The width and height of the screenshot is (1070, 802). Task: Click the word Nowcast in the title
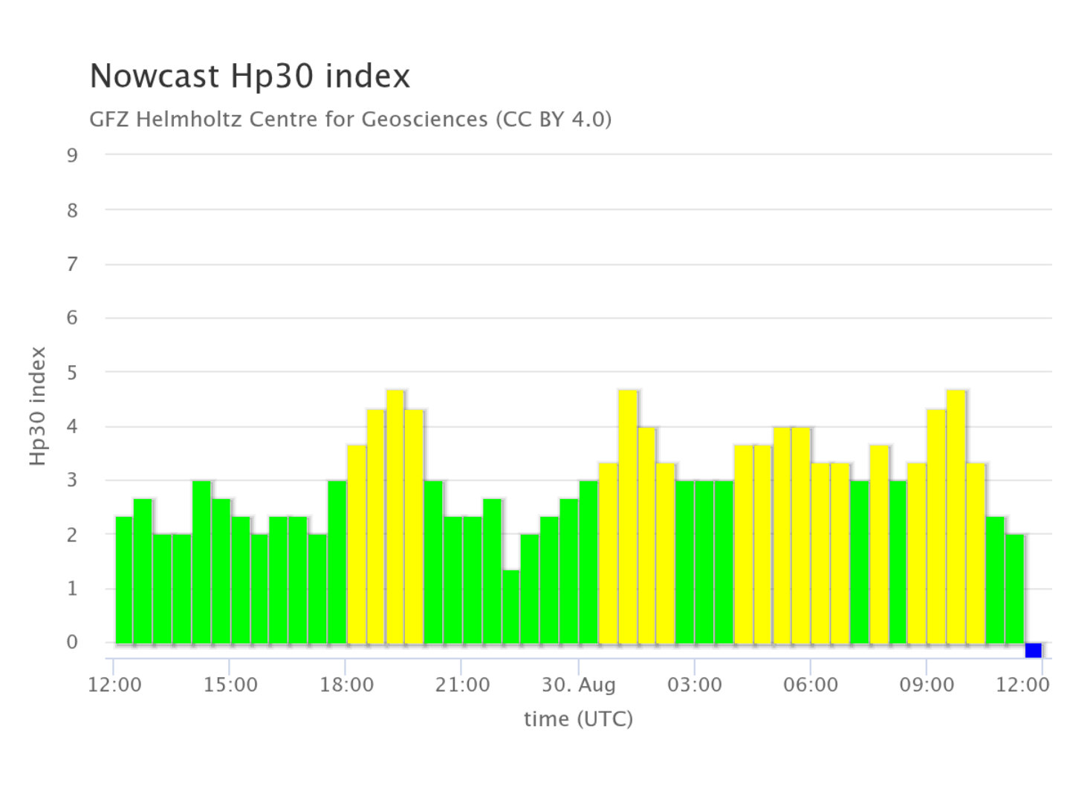154,76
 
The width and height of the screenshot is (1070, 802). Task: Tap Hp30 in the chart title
272,76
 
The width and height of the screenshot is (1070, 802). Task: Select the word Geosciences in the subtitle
424,120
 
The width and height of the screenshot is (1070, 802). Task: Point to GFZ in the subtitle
109,120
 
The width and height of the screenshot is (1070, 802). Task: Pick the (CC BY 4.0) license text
554,120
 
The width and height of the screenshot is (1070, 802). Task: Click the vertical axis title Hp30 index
38,405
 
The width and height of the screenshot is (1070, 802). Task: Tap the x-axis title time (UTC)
578,719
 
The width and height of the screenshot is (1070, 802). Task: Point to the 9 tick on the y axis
72,155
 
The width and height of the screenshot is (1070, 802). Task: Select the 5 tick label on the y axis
72,373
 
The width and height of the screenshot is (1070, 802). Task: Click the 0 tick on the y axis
72,642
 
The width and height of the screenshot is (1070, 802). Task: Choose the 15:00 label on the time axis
230,685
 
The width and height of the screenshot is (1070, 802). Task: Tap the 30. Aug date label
579,685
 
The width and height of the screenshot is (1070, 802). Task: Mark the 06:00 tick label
810,685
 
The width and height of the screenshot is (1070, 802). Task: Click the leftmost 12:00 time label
114,685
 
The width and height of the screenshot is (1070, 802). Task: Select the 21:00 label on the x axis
462,685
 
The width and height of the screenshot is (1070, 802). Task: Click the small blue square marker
1033,650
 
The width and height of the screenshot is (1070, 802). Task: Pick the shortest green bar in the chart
511,607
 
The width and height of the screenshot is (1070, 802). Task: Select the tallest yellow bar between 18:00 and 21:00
395,517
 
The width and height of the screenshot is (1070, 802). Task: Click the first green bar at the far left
124,580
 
